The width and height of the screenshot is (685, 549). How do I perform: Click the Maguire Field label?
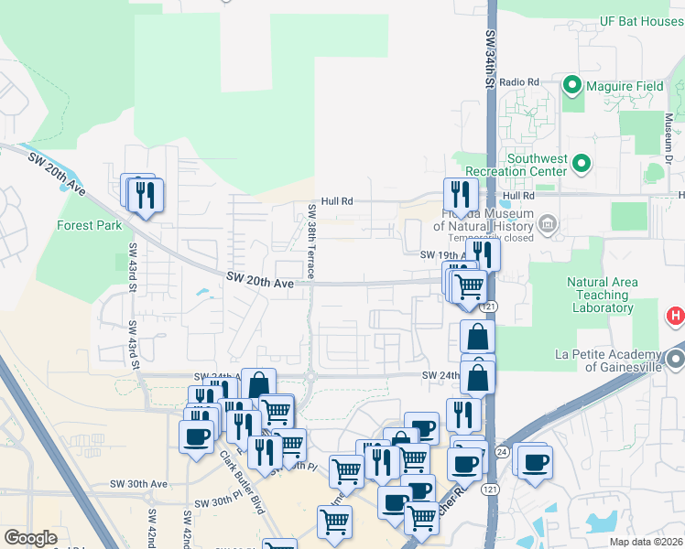tap(625, 86)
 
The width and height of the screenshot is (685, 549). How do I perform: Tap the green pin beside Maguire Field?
tap(573, 86)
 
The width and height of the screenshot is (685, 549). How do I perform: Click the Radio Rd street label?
tap(519, 82)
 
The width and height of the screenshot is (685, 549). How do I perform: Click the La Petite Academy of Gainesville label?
tap(607, 361)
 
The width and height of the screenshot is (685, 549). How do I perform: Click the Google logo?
tap(30, 538)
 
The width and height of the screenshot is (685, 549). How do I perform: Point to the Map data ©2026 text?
tap(647, 542)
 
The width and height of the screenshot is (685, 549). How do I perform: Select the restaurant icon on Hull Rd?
tap(461, 195)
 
